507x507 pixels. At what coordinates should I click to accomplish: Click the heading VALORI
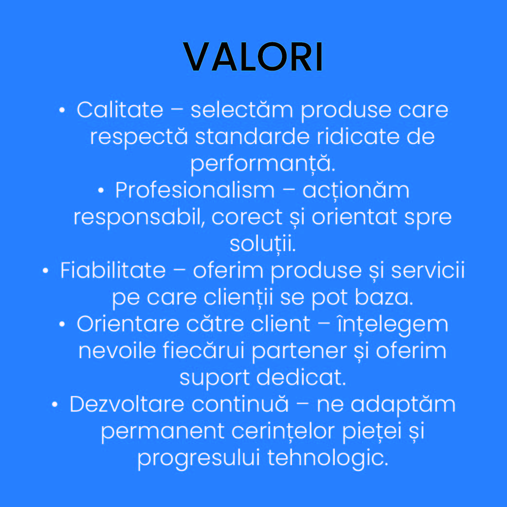pyautogui.click(x=253, y=57)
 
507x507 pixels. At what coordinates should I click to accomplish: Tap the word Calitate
pyautogui.click(x=120, y=110)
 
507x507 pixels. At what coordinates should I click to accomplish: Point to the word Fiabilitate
pyautogui.click(x=113, y=271)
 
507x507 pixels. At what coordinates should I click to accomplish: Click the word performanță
pyautogui.click(x=263, y=164)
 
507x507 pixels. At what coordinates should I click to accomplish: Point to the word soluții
pyautogui.click(x=262, y=244)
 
